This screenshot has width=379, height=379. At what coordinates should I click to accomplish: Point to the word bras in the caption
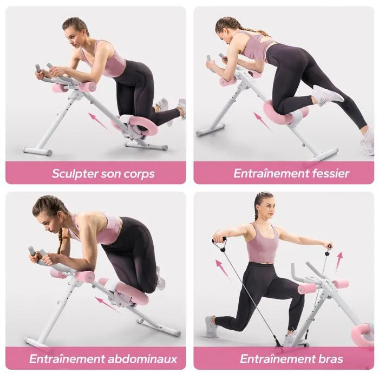(331, 359)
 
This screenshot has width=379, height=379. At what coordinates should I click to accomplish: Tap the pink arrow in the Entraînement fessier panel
(263, 121)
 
